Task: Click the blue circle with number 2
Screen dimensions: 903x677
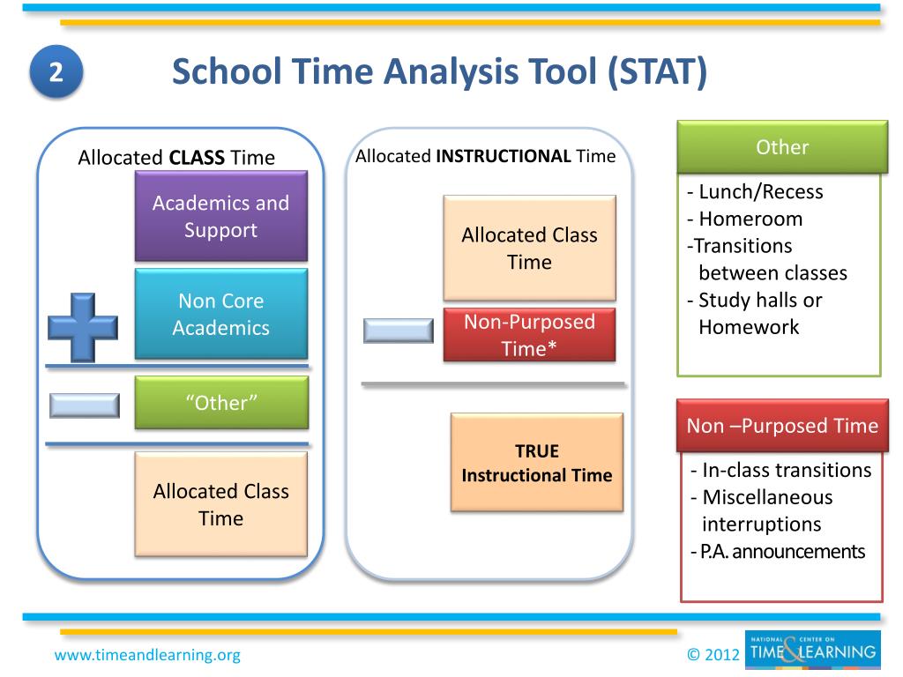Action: (x=56, y=72)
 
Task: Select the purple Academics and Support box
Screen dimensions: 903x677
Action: (x=221, y=216)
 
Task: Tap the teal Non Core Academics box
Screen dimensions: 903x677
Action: (x=221, y=314)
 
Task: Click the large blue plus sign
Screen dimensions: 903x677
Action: (x=83, y=328)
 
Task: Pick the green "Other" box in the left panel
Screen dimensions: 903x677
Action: (x=221, y=402)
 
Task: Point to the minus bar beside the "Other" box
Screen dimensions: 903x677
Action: (x=85, y=405)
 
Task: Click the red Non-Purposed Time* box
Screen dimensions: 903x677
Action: (x=529, y=335)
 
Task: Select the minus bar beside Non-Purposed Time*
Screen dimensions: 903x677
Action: (x=399, y=331)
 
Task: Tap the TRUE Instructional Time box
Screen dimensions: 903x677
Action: (x=537, y=462)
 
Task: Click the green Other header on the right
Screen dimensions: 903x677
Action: (x=783, y=147)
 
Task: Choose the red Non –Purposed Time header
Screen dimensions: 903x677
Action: (x=783, y=426)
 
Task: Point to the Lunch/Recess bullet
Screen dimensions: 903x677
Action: (x=755, y=191)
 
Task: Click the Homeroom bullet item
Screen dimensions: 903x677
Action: (x=744, y=219)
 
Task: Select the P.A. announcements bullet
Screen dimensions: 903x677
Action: (x=778, y=552)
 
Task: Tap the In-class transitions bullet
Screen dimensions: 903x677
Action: (x=781, y=470)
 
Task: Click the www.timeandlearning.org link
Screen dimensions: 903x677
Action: (x=147, y=655)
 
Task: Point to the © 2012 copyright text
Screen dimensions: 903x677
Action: (x=713, y=655)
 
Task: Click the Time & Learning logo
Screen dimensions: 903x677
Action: (x=812, y=650)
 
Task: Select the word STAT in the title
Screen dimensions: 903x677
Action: (x=657, y=71)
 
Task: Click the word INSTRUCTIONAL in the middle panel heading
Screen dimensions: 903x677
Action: (x=504, y=156)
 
